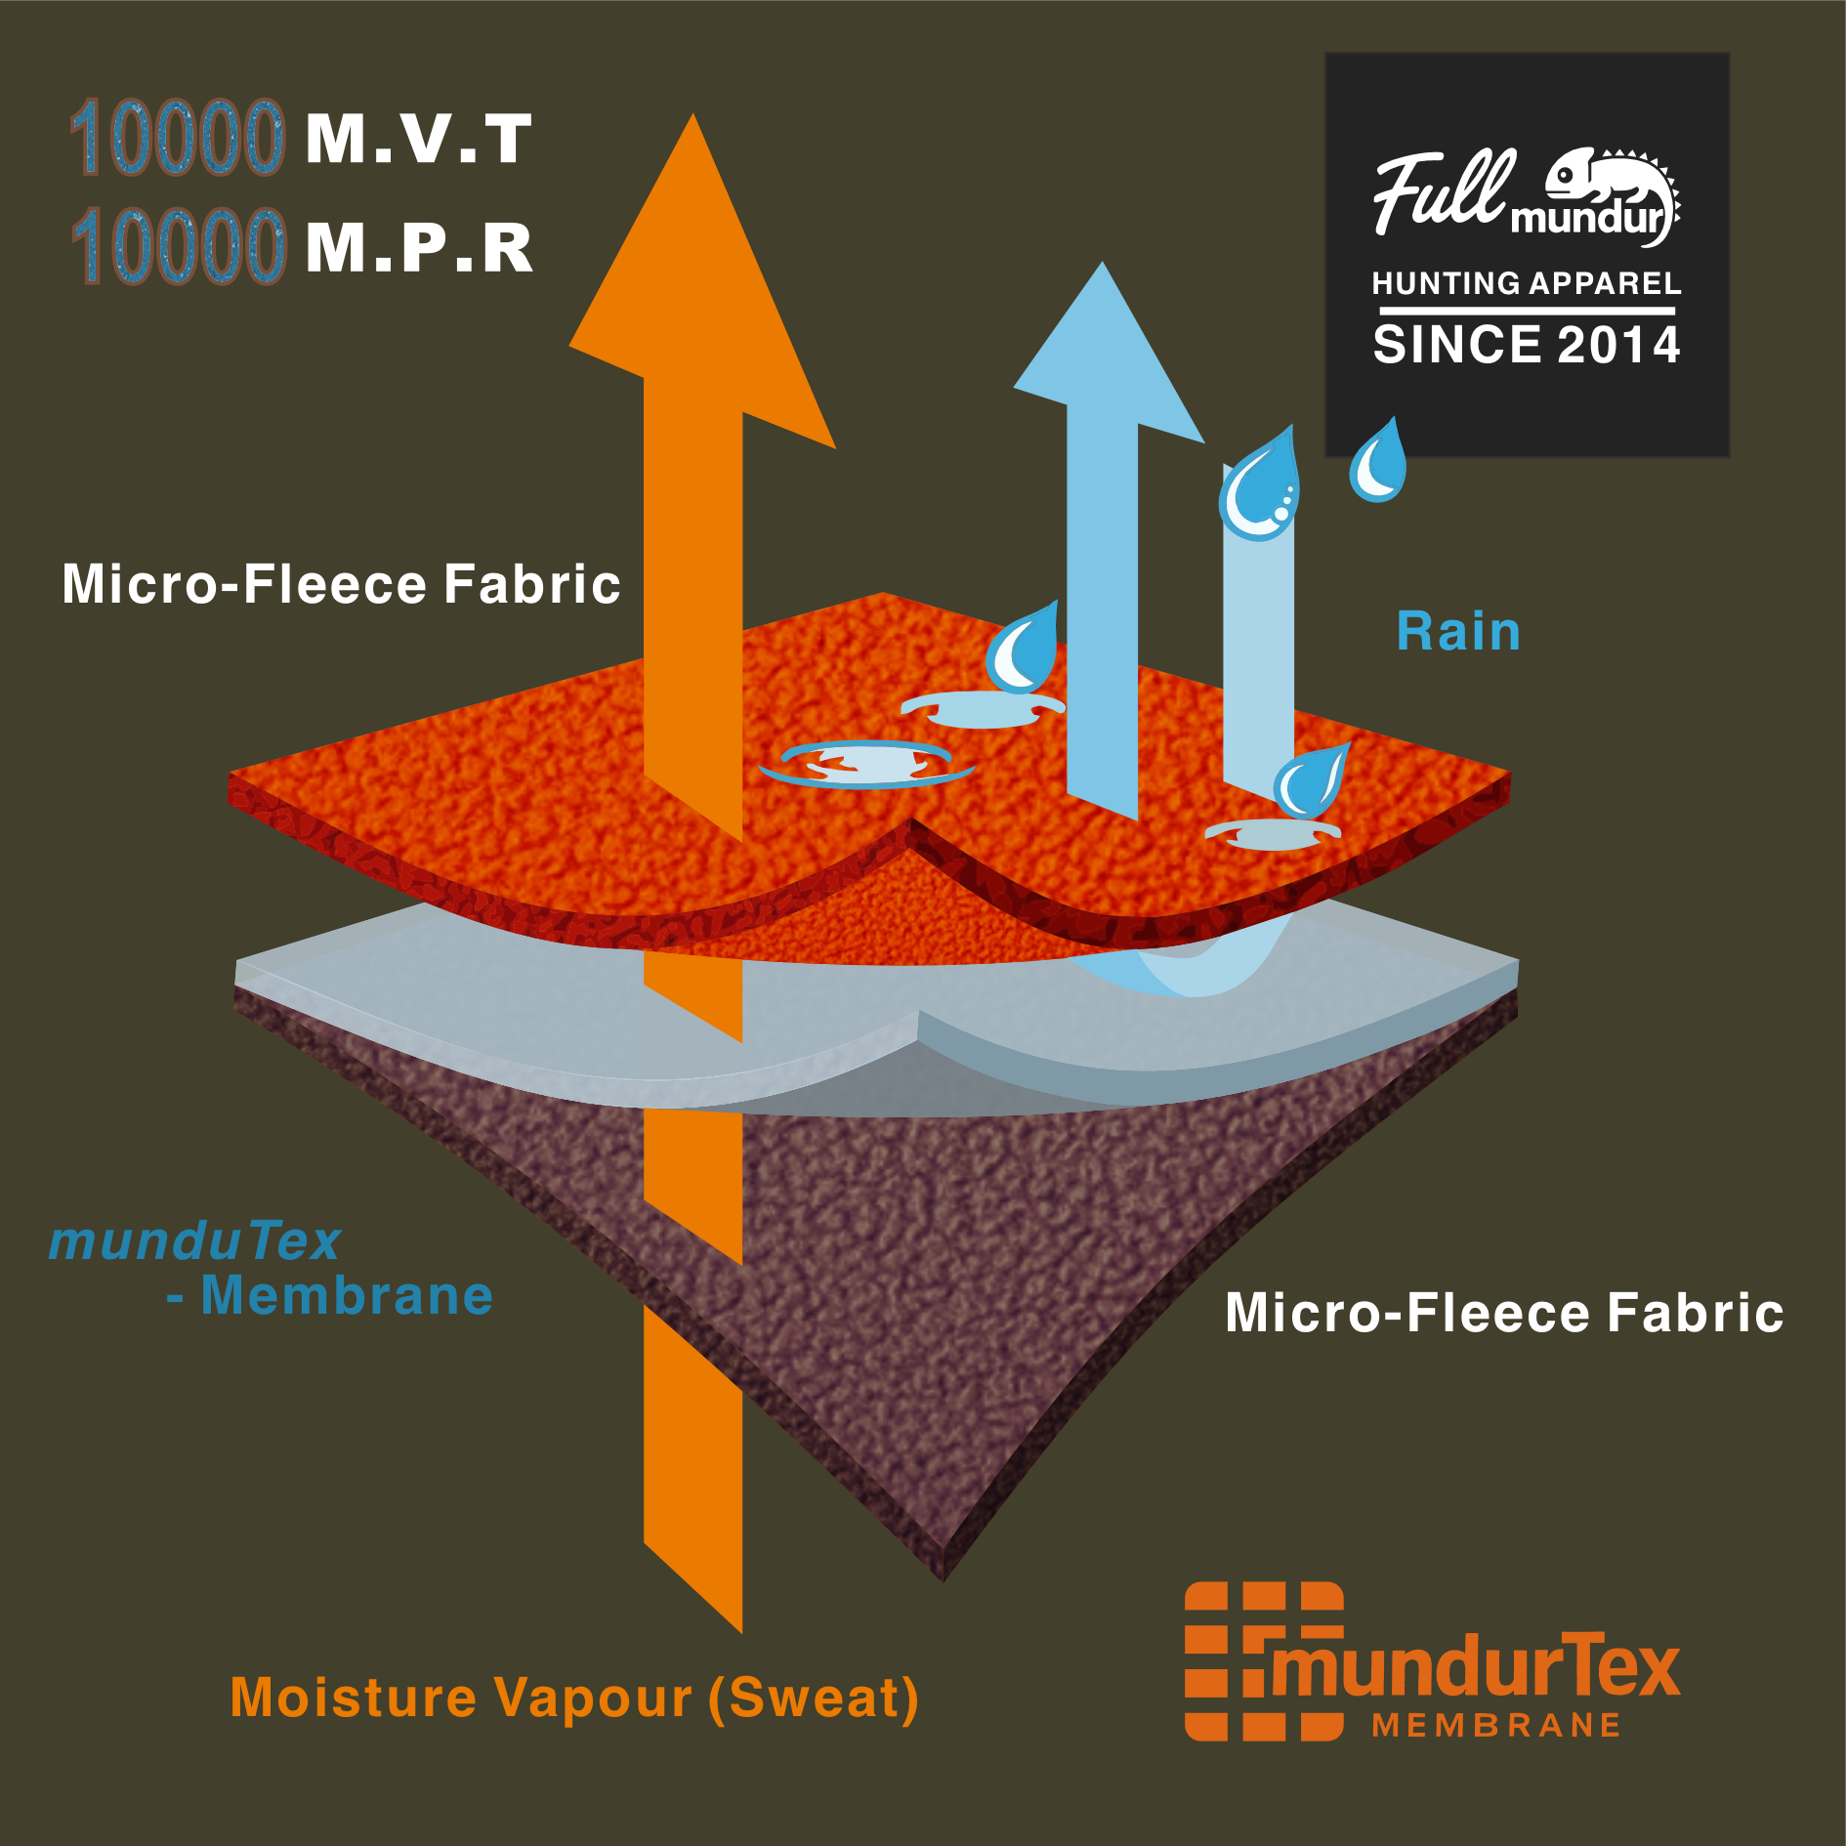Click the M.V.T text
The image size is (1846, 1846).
pyautogui.click(x=418, y=140)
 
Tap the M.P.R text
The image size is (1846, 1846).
pyautogui.click(x=419, y=248)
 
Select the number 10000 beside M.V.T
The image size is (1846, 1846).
pyautogui.click(x=178, y=138)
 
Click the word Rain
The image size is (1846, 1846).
pyautogui.click(x=1458, y=632)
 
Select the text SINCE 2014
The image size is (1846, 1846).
pyautogui.click(x=1527, y=345)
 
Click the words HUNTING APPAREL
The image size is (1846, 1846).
pyautogui.click(x=1527, y=284)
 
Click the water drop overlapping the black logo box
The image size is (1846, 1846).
pyautogui.click(x=1378, y=463)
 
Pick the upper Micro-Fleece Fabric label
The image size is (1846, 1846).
pyautogui.click(x=341, y=584)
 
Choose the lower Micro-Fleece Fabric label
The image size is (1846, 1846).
pyautogui.click(x=1504, y=1313)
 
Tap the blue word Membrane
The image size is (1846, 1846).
pyautogui.click(x=347, y=1297)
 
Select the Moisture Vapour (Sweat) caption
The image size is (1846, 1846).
pyautogui.click(x=574, y=1698)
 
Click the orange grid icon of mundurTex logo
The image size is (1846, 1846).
pyautogui.click(x=1233, y=1660)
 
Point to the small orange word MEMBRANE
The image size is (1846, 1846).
pyautogui.click(x=1496, y=1726)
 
